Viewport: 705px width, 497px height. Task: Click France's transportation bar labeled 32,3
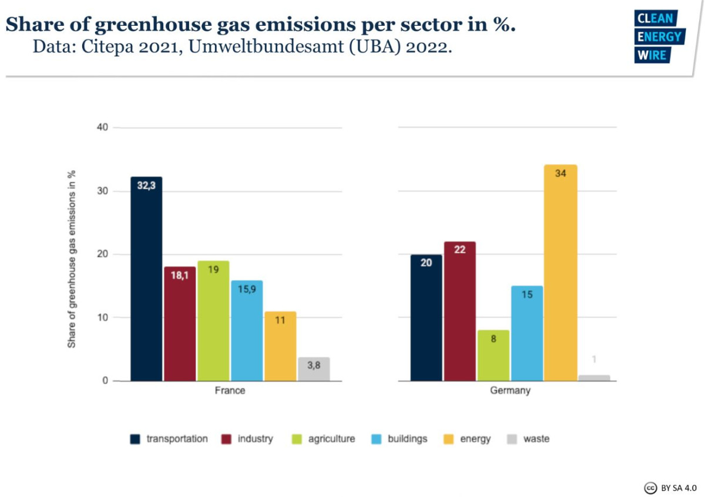point(146,279)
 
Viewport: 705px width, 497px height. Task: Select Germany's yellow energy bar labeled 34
point(560,273)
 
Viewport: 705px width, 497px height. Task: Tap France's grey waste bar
point(314,369)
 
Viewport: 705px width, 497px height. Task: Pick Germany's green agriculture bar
point(493,355)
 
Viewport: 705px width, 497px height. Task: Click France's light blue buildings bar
point(247,331)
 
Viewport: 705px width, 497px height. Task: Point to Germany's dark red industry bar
point(459,311)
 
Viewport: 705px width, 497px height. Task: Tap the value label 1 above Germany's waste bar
point(594,360)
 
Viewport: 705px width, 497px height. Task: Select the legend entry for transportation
point(169,439)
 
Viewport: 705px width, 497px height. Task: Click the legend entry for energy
point(468,439)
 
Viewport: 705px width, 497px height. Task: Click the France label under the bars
point(230,391)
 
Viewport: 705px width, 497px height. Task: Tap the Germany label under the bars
point(510,391)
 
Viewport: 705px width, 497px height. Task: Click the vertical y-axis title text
point(72,258)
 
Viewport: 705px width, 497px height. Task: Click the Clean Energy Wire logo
point(659,36)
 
